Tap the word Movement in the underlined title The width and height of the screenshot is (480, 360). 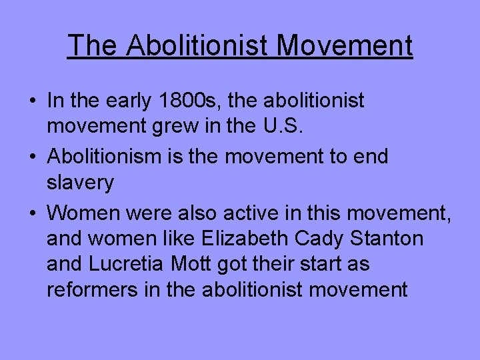point(345,45)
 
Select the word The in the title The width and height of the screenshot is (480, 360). point(93,45)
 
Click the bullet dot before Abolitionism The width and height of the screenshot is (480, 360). point(33,157)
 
